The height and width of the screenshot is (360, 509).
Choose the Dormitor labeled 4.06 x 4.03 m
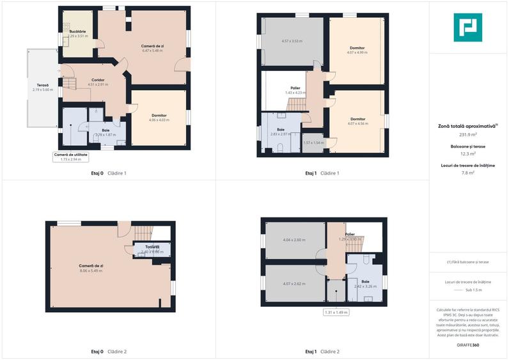click(159, 116)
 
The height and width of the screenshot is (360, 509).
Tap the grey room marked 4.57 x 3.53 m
click(292, 42)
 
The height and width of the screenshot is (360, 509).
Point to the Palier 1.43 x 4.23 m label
click(295, 90)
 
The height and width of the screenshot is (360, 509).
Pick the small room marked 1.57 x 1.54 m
click(313, 143)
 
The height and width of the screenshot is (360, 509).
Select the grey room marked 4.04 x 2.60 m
click(294, 240)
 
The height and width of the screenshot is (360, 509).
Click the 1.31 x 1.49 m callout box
click(336, 313)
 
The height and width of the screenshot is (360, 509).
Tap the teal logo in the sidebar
click(468, 27)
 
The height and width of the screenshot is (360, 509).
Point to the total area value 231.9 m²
click(468, 135)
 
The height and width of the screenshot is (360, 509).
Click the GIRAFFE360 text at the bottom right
click(468, 345)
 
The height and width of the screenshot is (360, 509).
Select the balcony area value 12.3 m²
click(468, 153)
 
